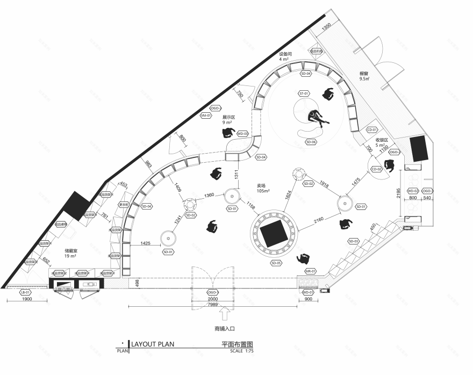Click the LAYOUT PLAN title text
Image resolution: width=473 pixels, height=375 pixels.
click(x=153, y=344)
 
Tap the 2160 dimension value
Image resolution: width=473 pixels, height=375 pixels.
click(x=319, y=220)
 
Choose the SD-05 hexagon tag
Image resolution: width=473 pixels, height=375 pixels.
click(x=276, y=263)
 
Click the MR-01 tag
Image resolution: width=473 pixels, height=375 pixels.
click(x=311, y=271)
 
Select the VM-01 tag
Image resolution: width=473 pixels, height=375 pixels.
click(x=205, y=116)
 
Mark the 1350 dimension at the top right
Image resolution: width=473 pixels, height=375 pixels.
click(x=326, y=27)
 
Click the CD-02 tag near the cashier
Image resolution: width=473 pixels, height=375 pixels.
click(x=376, y=169)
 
